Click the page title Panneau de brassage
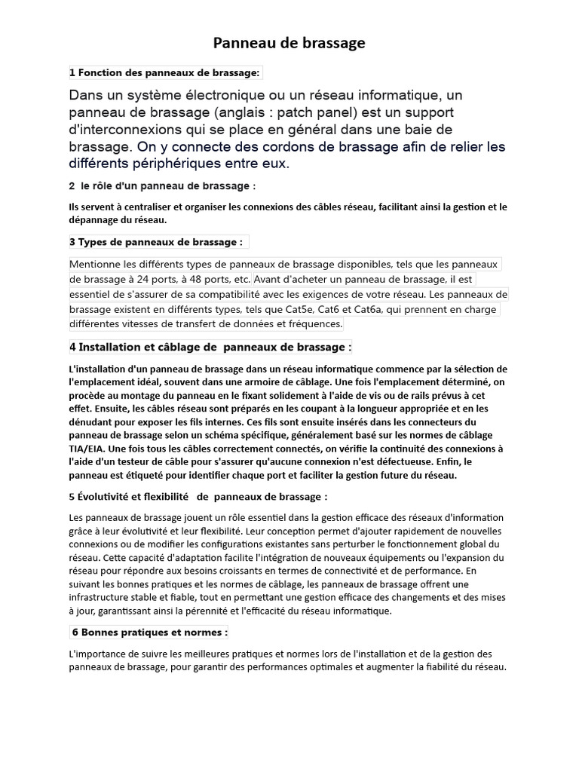click(289, 44)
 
